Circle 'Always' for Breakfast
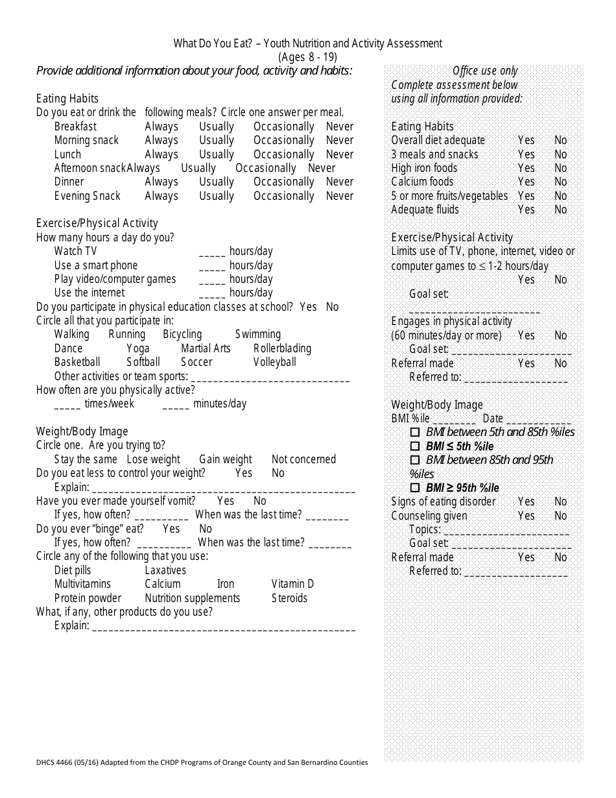coord(161,127)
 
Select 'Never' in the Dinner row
coord(339,182)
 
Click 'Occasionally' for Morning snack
coord(283,140)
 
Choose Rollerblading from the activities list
coord(282,348)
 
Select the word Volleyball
coord(274,362)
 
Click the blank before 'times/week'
coord(67,405)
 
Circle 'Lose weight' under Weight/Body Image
coord(153,459)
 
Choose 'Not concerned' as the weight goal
coord(303,459)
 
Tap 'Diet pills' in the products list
coord(73,570)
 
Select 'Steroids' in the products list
coord(289,598)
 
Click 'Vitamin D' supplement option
coord(292,584)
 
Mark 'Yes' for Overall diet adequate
coord(526,140)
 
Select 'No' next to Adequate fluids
coord(560,210)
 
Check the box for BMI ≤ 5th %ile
coord(415,446)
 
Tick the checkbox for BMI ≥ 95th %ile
coord(415,488)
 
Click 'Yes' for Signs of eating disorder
coord(526,502)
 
